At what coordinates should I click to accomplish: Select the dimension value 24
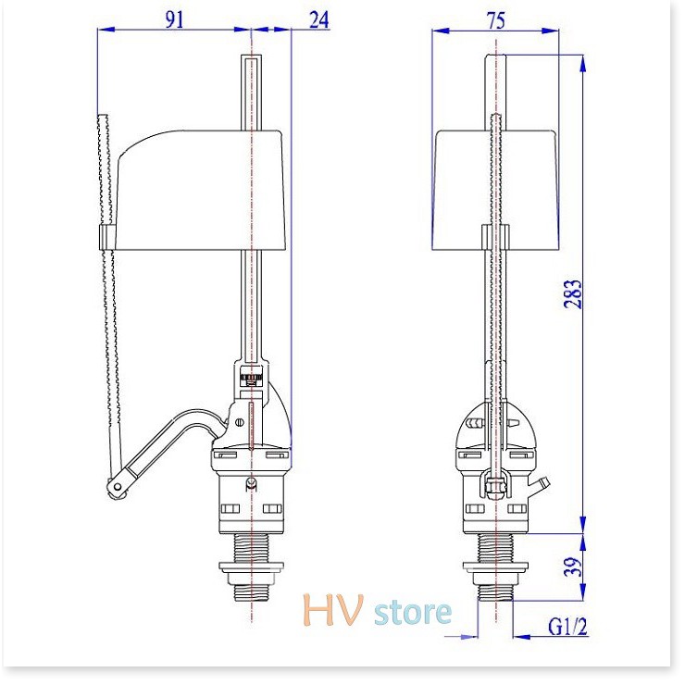coord(319,19)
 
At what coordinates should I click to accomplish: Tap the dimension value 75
coord(496,19)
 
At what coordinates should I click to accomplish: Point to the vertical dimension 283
coord(575,293)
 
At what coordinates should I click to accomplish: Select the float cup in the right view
coord(497,190)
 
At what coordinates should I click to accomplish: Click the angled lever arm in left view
coord(167,449)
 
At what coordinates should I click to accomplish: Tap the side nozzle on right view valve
coord(542,483)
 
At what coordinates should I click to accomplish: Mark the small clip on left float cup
coord(105,237)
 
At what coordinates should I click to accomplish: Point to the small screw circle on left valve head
coord(242,422)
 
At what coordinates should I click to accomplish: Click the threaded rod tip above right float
coord(497,120)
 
